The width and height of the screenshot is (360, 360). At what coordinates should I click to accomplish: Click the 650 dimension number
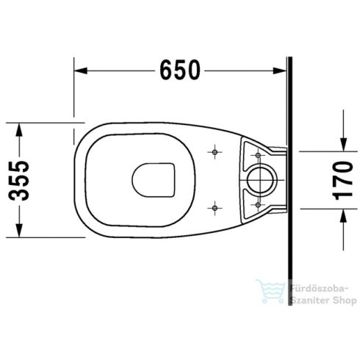[179, 71]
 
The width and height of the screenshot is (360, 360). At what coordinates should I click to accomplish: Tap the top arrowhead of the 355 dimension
[21, 124]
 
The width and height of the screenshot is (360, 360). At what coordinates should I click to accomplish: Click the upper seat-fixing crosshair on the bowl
[214, 152]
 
